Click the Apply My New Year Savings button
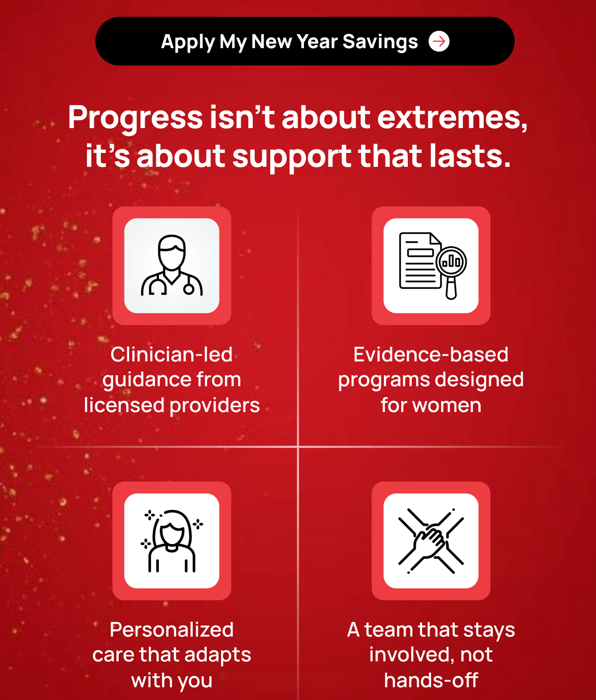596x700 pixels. [304, 41]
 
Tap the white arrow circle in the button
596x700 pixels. [439, 41]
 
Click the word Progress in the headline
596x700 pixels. [136, 119]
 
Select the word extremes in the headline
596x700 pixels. [452, 118]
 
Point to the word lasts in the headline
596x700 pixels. [470, 156]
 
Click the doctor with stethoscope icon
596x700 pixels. [171, 266]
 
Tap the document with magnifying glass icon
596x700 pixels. [433, 266]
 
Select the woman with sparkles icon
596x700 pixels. [172, 541]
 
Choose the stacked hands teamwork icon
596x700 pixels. [431, 541]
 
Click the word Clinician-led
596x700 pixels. [171, 354]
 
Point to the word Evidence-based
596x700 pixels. [431, 354]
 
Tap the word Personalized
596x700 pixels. [171, 630]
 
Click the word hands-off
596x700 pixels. [431, 680]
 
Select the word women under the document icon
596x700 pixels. [447, 406]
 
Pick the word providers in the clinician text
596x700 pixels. [215, 406]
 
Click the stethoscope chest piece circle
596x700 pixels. [189, 289]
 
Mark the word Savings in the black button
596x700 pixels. [380, 42]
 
